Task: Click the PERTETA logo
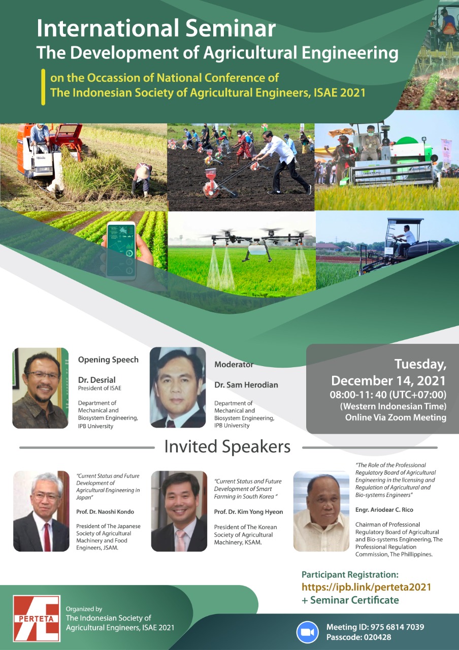tap(37, 619)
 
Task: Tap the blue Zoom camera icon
tap(307, 632)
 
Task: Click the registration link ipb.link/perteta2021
tap(366, 587)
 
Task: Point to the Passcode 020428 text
tap(358, 637)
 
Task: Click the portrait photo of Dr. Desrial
tap(40, 388)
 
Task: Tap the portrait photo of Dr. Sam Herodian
tap(178, 387)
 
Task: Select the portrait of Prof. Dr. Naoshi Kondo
tap(41, 511)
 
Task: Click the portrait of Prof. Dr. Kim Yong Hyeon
tap(179, 511)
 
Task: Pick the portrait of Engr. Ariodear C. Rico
tap(321, 511)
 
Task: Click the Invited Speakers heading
tap(227, 447)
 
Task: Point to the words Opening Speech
tap(108, 360)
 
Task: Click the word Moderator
tap(234, 364)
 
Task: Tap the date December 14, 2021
tap(388, 380)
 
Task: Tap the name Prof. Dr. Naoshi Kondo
tap(106, 511)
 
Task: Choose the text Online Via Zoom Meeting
tap(396, 417)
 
